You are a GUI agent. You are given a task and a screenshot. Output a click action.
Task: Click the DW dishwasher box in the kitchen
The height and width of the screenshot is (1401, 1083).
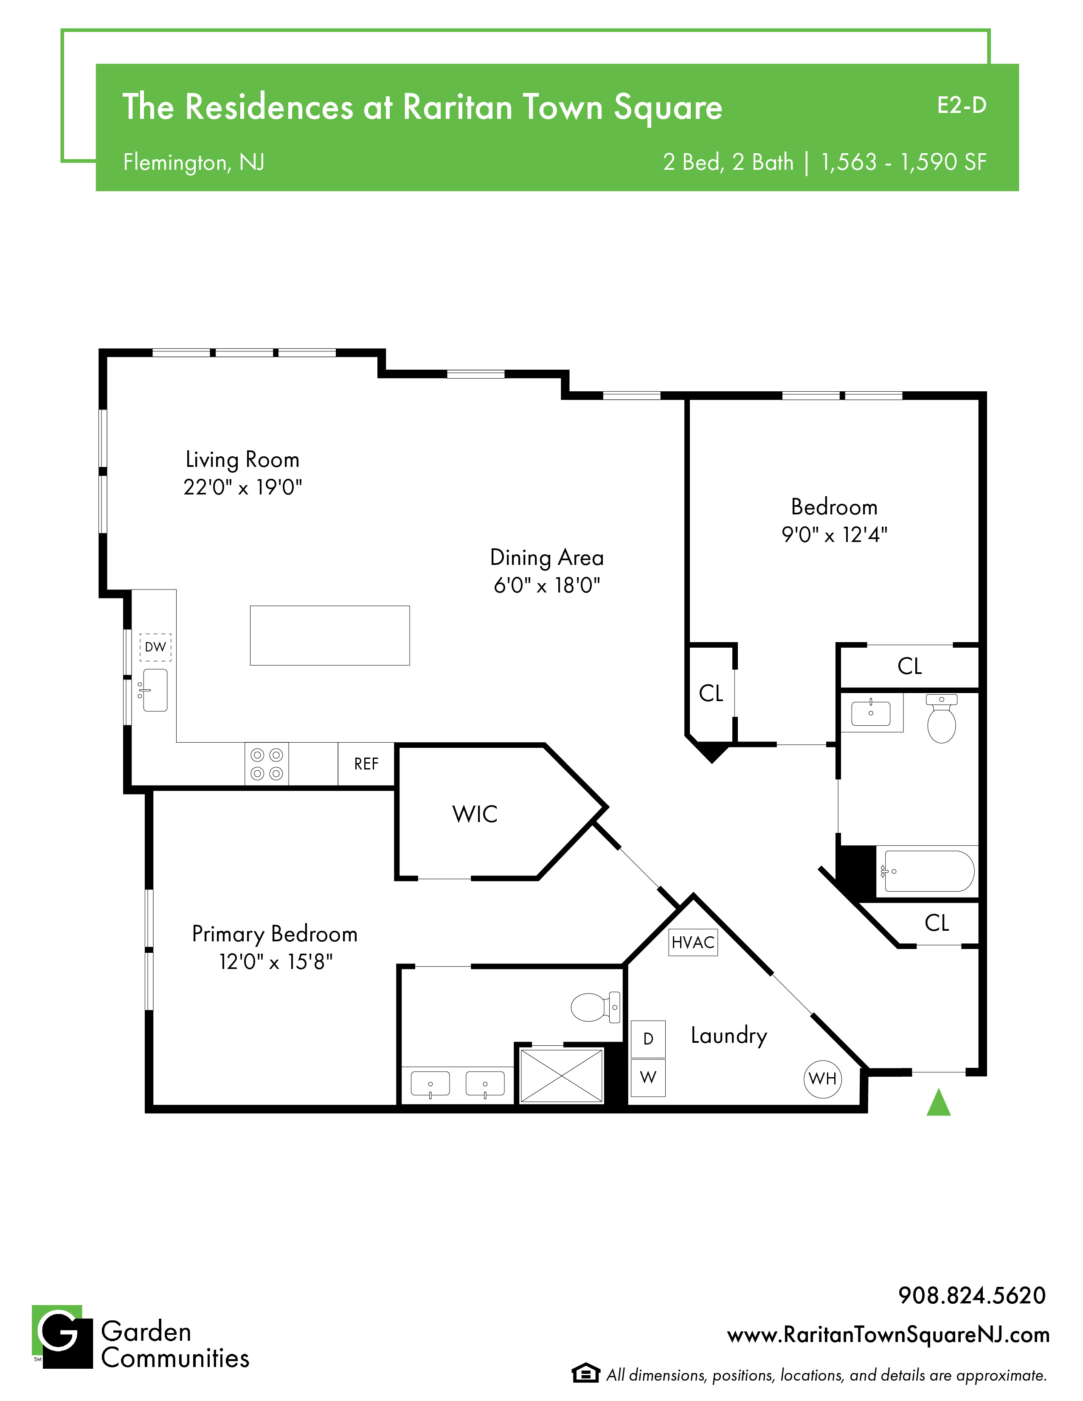[155, 647]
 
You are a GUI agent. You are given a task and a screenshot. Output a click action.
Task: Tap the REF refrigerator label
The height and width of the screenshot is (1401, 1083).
[366, 764]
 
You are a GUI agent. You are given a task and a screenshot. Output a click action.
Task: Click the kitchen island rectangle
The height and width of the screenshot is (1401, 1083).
[330, 635]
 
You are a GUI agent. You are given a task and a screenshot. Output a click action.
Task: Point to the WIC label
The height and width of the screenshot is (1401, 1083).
[475, 814]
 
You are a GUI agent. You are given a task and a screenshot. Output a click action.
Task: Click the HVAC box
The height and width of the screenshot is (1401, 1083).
[693, 942]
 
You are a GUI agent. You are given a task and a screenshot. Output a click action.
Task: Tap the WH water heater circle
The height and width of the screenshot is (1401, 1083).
[822, 1078]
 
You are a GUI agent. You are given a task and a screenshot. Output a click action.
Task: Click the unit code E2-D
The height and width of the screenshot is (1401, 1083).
[962, 105]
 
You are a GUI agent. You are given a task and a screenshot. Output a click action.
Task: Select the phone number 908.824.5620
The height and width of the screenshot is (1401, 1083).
[972, 1295]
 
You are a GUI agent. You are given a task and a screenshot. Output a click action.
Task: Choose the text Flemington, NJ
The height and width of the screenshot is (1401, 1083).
[194, 162]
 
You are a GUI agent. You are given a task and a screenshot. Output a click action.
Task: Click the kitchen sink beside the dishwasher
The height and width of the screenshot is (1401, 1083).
[154, 690]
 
